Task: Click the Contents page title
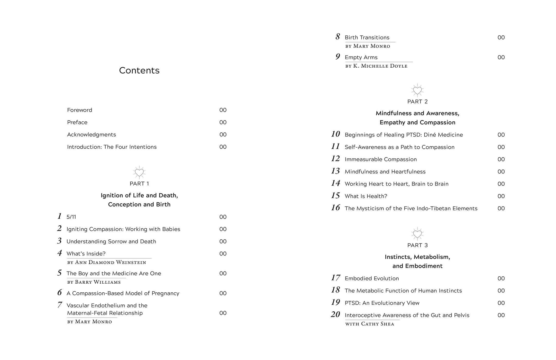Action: pyautogui.click(x=139, y=70)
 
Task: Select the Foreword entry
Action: pyautogui.click(x=79, y=110)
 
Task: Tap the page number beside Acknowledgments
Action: pyautogui.click(x=223, y=134)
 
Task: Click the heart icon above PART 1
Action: pyautogui.click(x=139, y=172)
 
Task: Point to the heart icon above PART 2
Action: pyautogui.click(x=417, y=90)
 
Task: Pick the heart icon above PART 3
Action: pyautogui.click(x=417, y=234)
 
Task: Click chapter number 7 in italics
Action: pyautogui.click(x=60, y=305)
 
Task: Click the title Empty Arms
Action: pyautogui.click(x=361, y=57)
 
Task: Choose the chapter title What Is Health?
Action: pyautogui.click(x=366, y=196)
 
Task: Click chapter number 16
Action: pyautogui.click(x=335, y=208)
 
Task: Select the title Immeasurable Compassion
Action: pyautogui.click(x=380, y=159)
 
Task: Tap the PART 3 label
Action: pyautogui.click(x=417, y=245)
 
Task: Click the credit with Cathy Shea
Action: pyautogui.click(x=369, y=324)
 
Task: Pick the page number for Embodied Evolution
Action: pyautogui.click(x=501, y=278)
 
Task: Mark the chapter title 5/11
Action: pyautogui.click(x=71, y=217)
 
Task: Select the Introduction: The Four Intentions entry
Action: pyautogui.click(x=112, y=147)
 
